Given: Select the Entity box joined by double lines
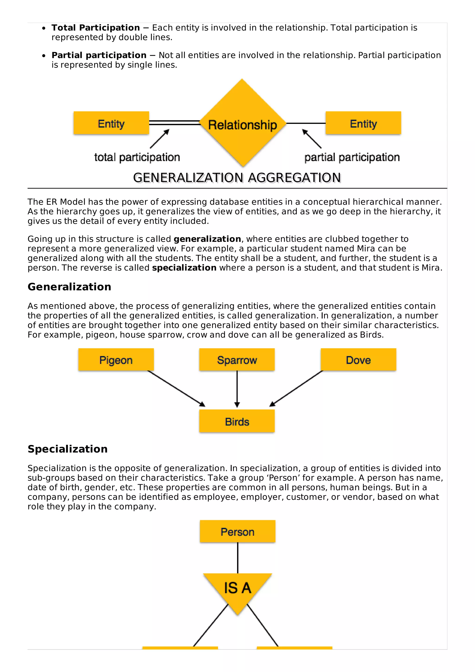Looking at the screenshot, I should click(x=111, y=123).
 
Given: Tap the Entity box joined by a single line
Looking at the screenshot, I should click(x=363, y=123).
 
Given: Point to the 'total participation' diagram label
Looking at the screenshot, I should click(x=137, y=157).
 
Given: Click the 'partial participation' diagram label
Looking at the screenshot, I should click(x=352, y=157).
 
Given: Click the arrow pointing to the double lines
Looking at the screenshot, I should click(x=160, y=139).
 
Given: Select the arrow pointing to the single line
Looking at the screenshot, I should click(x=312, y=139).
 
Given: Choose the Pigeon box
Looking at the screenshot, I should click(x=116, y=360).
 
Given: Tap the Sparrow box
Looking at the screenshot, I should click(x=237, y=360).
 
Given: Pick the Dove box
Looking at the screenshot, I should click(x=358, y=360).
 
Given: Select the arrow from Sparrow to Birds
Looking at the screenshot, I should click(x=237, y=389).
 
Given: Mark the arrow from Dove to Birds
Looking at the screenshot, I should click(x=296, y=389).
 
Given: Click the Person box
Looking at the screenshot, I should click(x=237, y=531).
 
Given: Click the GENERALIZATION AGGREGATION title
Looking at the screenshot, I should click(x=237, y=178).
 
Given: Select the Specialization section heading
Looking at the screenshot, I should click(x=67, y=449).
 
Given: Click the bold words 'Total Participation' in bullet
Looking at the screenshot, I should click(x=96, y=28).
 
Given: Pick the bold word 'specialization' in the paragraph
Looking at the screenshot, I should click(x=184, y=268).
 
